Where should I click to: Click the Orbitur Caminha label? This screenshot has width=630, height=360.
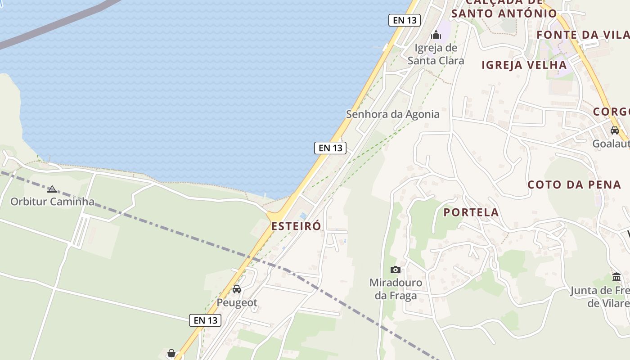point(52,201)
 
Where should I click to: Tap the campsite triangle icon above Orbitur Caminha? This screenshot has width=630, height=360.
point(52,189)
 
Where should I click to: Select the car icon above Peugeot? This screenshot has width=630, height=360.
point(237,289)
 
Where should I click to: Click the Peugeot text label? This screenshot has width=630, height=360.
point(237,302)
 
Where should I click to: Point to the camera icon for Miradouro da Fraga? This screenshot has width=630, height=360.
point(396,270)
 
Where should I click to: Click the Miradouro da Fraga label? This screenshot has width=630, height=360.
point(396,289)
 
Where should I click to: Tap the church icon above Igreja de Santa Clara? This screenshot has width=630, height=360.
point(436,35)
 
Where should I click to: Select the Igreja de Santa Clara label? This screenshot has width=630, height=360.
point(436,54)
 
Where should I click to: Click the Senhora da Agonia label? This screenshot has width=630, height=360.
point(392,114)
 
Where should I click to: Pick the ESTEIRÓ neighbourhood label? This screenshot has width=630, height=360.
point(296,226)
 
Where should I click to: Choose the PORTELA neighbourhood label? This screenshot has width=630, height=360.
point(471,212)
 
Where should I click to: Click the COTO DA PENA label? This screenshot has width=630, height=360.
point(574,184)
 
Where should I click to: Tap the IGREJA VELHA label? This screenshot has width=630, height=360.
point(524,65)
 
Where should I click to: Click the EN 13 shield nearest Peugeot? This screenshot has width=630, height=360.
point(205,320)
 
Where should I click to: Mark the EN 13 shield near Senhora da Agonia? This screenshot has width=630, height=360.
point(330,148)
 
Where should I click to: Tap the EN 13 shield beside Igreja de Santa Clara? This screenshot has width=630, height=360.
point(404,20)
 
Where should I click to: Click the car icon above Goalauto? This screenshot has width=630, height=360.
point(615,130)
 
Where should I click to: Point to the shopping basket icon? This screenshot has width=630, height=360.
point(171,354)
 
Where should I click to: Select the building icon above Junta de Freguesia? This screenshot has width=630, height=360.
point(616,277)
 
